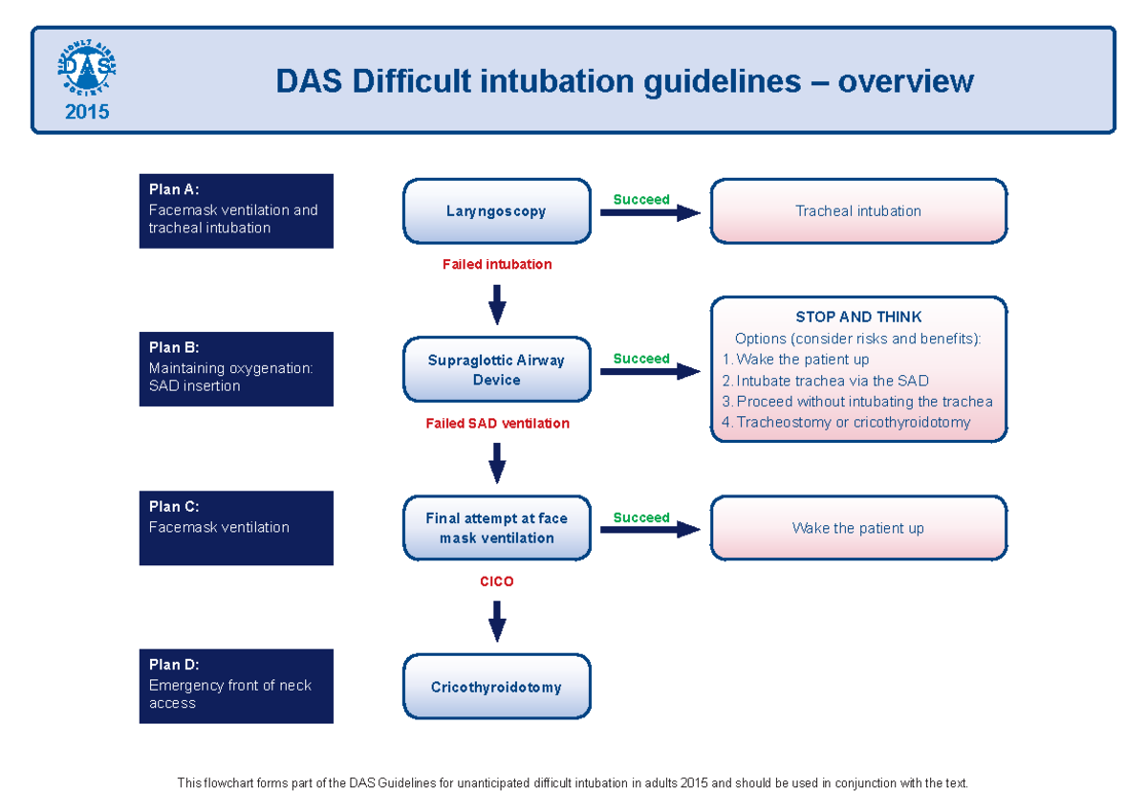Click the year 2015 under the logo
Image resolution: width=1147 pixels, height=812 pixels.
coord(87,112)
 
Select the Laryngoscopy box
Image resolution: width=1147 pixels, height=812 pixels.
coord(496,211)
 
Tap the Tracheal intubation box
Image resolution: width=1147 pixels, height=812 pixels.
coord(857,211)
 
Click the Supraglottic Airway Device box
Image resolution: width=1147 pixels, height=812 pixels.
coord(496,370)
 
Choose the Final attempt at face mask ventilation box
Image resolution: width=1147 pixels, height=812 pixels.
coord(496,528)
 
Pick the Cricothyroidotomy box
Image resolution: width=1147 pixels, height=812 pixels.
coord(496,687)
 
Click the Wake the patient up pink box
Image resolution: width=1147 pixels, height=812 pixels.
coord(857,528)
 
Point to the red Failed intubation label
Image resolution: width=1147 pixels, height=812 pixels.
coord(496,264)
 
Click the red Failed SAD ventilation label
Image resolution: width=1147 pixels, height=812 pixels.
coord(496,423)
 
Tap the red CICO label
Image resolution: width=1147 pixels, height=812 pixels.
coord(496,581)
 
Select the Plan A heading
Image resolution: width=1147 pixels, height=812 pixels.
coord(174,189)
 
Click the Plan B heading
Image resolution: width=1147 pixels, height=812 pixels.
coord(174,348)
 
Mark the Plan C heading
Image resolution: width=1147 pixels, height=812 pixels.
coord(174,507)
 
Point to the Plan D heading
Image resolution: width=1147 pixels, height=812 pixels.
coord(174,665)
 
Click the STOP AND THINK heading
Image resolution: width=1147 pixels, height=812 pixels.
coord(857,317)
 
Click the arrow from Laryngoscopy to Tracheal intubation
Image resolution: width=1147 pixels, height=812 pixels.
coord(650,213)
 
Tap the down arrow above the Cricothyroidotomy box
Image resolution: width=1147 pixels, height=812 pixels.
coord(496,623)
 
